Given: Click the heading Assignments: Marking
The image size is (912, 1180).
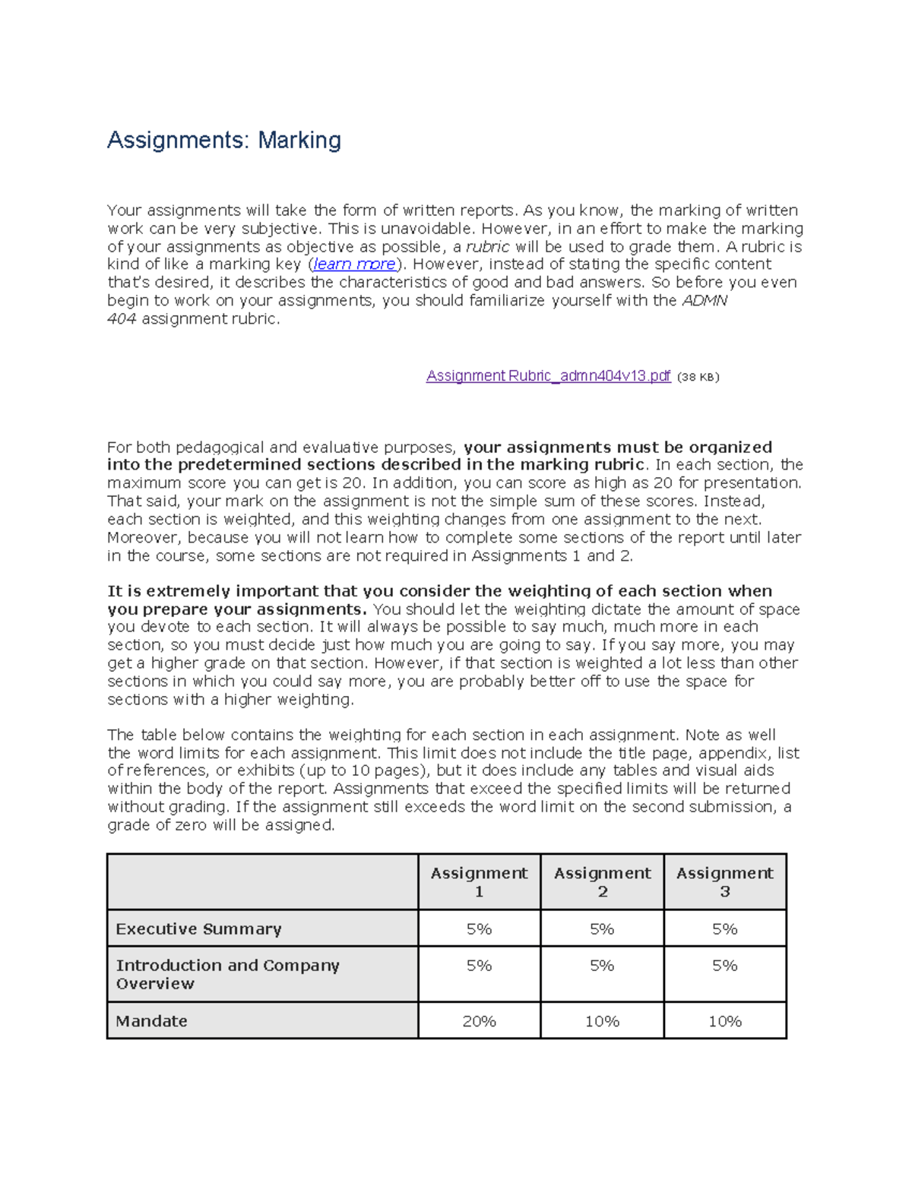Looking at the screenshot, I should [x=223, y=141].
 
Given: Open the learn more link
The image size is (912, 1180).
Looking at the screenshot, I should [x=355, y=264].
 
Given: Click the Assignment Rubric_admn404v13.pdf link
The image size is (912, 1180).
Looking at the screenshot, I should [x=548, y=376].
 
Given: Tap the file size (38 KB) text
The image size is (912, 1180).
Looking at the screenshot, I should [x=698, y=377].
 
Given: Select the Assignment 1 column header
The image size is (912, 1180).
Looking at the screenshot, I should [x=479, y=882].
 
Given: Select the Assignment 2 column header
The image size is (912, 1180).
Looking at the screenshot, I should [x=602, y=882].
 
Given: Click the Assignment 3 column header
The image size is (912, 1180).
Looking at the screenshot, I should [x=724, y=882].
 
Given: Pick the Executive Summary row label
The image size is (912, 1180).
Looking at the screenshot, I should [x=198, y=929].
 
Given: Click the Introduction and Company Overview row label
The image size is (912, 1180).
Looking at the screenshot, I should [x=227, y=974].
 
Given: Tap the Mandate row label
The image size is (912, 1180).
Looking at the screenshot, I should [x=151, y=1021].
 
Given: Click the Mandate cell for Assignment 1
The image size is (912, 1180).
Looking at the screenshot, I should [x=479, y=1022].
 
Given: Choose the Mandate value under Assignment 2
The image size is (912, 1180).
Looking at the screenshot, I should [x=602, y=1022].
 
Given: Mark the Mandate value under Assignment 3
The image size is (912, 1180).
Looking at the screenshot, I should [x=724, y=1022].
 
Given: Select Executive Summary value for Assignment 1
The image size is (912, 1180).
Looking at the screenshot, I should [x=479, y=929].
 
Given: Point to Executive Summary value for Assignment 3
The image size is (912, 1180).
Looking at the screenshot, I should [x=724, y=929].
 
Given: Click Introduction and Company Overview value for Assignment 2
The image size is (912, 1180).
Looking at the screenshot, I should [x=602, y=966].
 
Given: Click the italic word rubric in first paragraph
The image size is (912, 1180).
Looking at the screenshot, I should [x=487, y=247].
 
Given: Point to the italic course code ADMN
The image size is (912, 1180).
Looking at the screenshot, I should [x=705, y=301].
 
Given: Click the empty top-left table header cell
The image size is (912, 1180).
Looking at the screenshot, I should [x=262, y=882].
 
